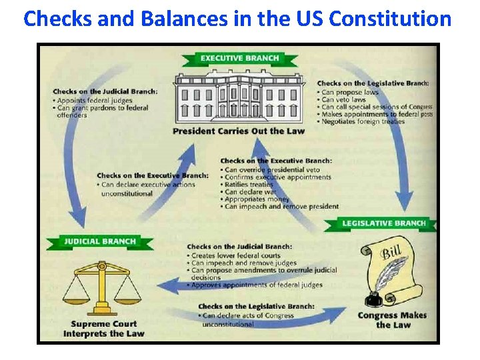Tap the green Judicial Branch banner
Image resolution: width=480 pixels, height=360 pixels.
100,241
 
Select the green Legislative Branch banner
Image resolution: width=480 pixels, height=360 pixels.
383,223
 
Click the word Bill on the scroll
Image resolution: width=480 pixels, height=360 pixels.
391,254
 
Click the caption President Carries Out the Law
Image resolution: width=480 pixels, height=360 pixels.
238,131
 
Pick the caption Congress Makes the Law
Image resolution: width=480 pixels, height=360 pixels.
393,320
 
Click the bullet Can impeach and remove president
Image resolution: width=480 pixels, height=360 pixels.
281,207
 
